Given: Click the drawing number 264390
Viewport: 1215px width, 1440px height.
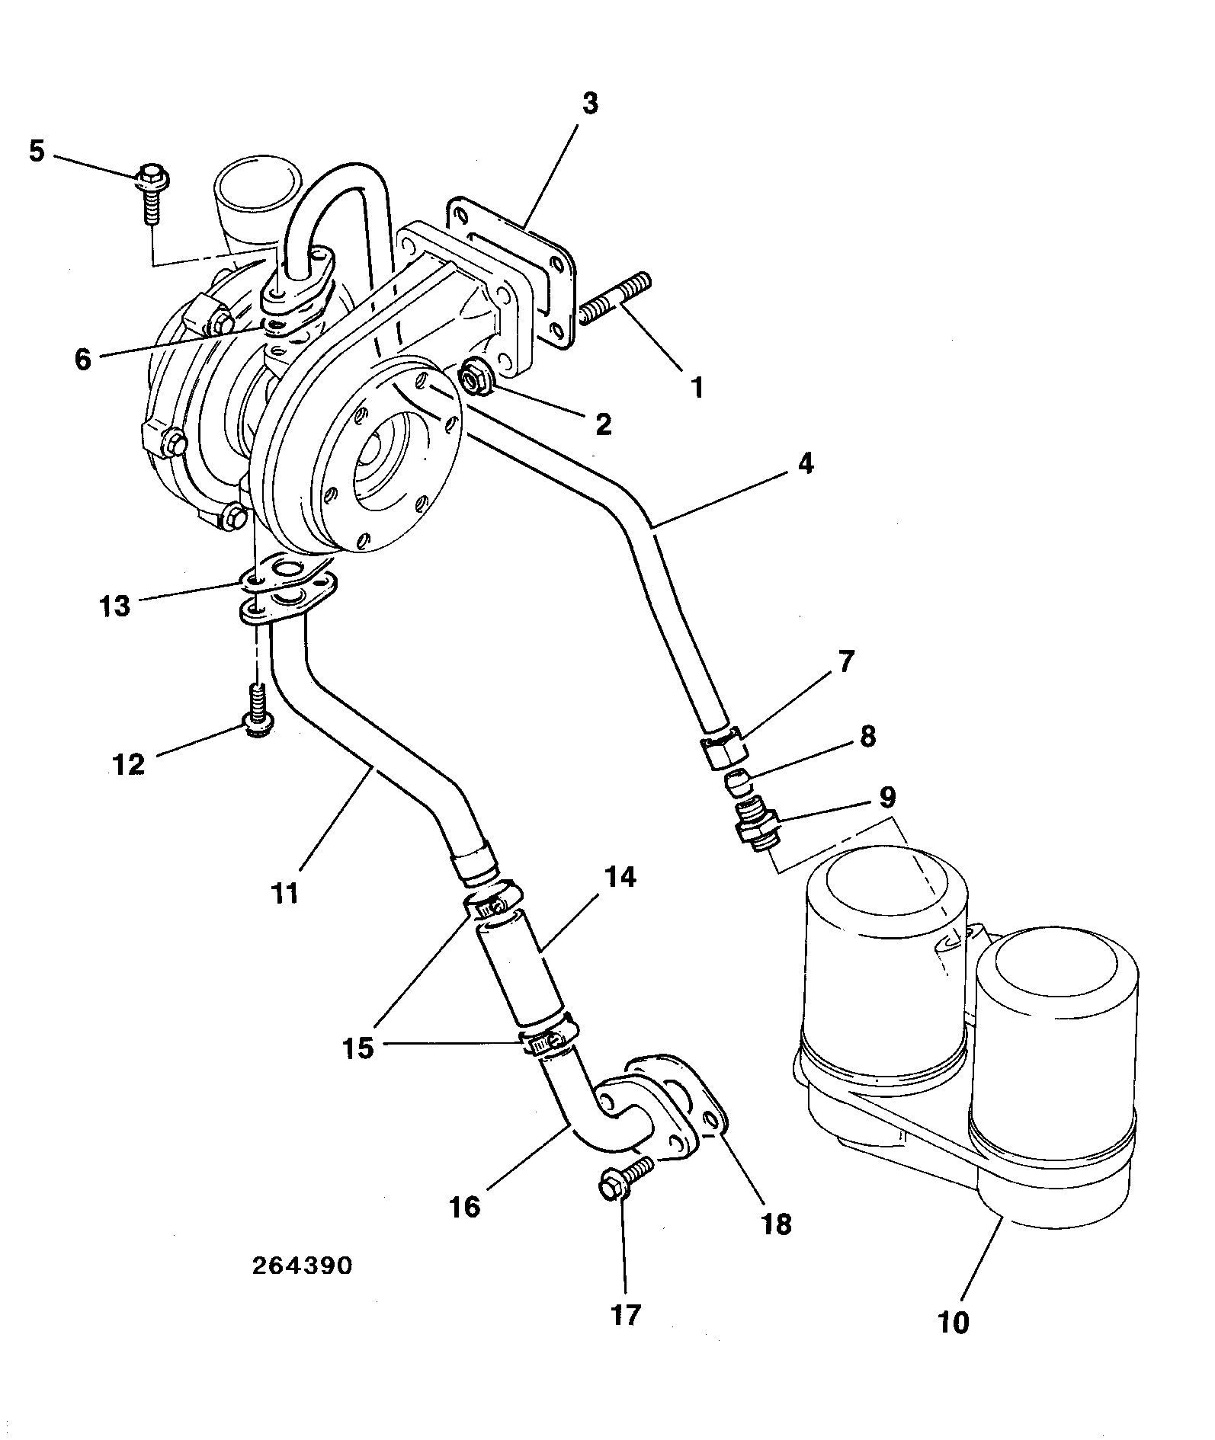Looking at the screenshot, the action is click(302, 1266).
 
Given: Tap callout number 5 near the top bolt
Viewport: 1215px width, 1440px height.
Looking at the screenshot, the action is click(37, 151).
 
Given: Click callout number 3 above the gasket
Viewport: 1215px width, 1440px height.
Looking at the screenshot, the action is click(591, 104).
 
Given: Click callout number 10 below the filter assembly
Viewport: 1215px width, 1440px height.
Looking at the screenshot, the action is click(953, 1322).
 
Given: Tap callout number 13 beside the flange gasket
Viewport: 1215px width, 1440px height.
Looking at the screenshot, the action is click(115, 607).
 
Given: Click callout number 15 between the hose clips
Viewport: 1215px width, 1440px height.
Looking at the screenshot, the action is click(358, 1048).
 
